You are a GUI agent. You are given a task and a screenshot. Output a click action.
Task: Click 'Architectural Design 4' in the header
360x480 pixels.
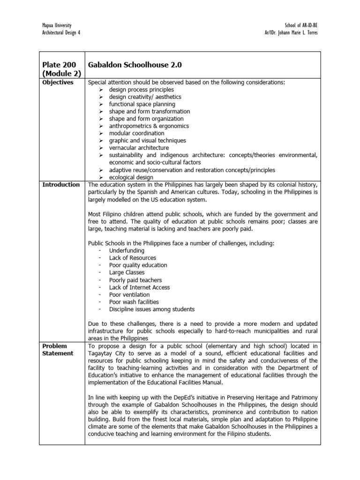[61, 33]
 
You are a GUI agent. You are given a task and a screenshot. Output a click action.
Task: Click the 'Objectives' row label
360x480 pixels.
[58, 82]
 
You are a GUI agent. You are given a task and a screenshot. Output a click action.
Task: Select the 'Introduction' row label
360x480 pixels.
[61, 185]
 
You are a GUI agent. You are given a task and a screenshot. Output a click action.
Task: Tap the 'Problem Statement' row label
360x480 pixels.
[58, 349]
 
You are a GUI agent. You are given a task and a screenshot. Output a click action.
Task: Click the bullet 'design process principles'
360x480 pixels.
[141, 90]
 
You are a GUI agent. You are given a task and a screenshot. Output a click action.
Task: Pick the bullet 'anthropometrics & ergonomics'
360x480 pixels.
[149, 126]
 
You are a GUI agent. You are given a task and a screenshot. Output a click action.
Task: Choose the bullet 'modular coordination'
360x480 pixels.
[137, 133]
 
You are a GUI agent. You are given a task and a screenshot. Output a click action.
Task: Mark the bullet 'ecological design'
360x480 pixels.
[131, 177]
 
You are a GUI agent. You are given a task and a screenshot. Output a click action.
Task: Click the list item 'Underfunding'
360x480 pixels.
[127, 251]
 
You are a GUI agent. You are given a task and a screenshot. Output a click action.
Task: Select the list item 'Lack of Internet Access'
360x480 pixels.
[139, 287]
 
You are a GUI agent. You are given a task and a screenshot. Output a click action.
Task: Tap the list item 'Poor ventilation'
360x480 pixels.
[129, 295]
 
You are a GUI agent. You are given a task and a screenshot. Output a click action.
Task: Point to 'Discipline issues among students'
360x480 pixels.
[152, 309]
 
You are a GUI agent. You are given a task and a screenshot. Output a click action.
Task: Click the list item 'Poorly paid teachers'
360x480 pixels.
[135, 280]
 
